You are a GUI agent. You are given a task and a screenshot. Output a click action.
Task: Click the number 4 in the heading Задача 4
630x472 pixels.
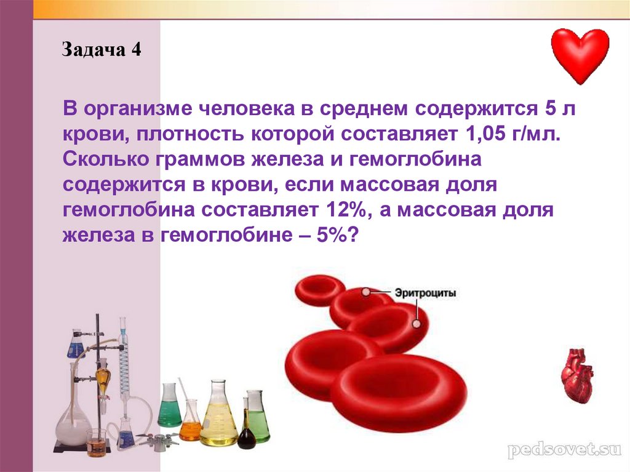point(136,49)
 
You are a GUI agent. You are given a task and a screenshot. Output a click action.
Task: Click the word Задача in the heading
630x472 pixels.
point(94,50)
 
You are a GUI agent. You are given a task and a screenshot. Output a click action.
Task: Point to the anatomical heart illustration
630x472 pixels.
point(577,375)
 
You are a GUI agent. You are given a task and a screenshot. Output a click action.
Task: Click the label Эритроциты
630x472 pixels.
point(425,293)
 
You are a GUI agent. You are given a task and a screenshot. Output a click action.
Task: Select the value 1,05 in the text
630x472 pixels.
point(485,134)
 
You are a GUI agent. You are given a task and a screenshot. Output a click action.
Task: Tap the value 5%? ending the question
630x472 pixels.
point(337,235)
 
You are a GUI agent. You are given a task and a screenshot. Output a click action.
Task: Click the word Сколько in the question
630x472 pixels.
point(106,159)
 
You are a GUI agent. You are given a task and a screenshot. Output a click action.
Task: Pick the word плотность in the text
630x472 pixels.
point(190,134)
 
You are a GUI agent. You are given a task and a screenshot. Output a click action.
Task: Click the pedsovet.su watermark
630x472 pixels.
point(564,449)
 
